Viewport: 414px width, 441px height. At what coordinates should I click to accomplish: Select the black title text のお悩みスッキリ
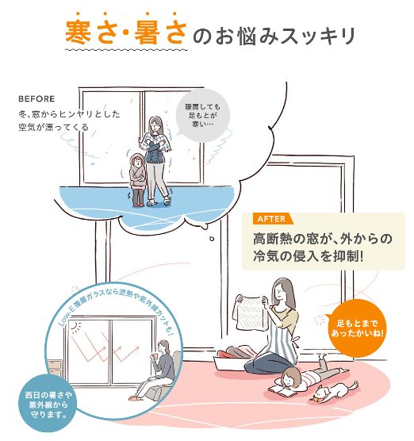tap(274, 36)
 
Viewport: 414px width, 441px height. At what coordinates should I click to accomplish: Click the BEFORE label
tap(36, 99)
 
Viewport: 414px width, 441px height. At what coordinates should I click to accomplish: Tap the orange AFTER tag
tap(273, 218)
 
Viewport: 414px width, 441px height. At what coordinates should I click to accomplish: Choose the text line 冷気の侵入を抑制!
tap(308, 256)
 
